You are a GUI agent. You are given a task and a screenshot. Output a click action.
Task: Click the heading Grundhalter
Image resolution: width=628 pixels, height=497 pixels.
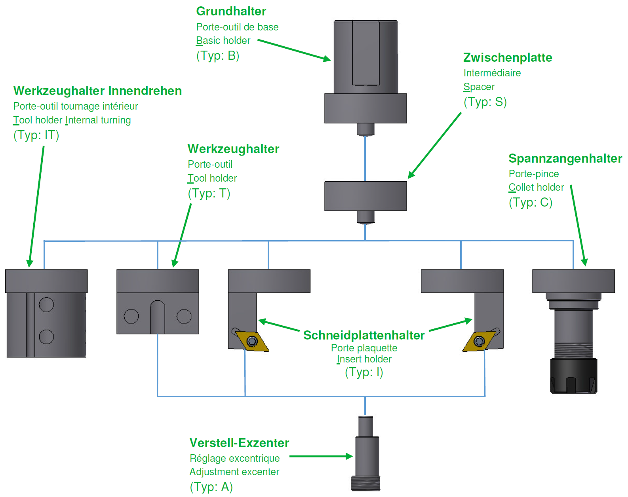coord(231,11)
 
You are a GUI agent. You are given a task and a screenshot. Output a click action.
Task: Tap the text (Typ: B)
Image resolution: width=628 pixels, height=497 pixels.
coord(218,55)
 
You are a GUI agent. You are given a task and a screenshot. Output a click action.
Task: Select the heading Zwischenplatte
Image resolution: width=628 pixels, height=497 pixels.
coord(508,58)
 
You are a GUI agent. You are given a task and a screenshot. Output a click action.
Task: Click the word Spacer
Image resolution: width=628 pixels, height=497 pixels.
coord(479,87)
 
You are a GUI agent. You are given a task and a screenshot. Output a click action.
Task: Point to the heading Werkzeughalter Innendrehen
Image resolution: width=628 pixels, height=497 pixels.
coord(97,91)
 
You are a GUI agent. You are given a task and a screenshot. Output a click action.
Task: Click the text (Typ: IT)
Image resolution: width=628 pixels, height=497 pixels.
coord(36,135)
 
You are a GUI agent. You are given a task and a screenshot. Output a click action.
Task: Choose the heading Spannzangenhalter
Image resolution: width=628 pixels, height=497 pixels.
coord(565,159)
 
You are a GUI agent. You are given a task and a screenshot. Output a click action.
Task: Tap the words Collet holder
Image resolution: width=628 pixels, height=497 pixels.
coord(536,188)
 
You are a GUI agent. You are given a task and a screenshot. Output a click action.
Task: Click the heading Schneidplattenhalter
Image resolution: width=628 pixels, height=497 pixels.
coord(363,336)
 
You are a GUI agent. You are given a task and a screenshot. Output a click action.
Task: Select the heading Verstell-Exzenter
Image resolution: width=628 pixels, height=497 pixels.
coord(239,443)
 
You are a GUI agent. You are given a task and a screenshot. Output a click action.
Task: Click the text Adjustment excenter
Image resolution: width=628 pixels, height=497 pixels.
coord(234,472)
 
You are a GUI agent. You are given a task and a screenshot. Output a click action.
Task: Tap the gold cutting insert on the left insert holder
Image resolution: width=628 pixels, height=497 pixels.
coord(252,341)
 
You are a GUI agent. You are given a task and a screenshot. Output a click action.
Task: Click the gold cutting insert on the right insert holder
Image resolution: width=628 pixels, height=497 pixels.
coord(479,341)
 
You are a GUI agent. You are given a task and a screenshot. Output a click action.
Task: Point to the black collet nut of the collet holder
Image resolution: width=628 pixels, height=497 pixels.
coord(574,376)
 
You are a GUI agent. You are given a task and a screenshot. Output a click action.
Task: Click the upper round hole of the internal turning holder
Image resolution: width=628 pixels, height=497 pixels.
coord(46,305)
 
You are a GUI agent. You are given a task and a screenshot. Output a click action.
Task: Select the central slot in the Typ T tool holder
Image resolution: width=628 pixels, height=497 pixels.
coord(158,317)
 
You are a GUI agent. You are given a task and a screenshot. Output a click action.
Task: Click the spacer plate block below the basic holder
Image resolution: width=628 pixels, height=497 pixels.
coord(365,196)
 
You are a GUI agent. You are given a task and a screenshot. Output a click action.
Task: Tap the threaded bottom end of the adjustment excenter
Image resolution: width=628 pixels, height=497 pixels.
coord(365,484)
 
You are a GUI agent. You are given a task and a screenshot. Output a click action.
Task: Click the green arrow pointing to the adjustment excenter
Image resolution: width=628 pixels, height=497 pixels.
coord(321,456)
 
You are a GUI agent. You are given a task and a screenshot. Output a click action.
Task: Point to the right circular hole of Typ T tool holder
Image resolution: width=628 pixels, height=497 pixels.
coord(184,316)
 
